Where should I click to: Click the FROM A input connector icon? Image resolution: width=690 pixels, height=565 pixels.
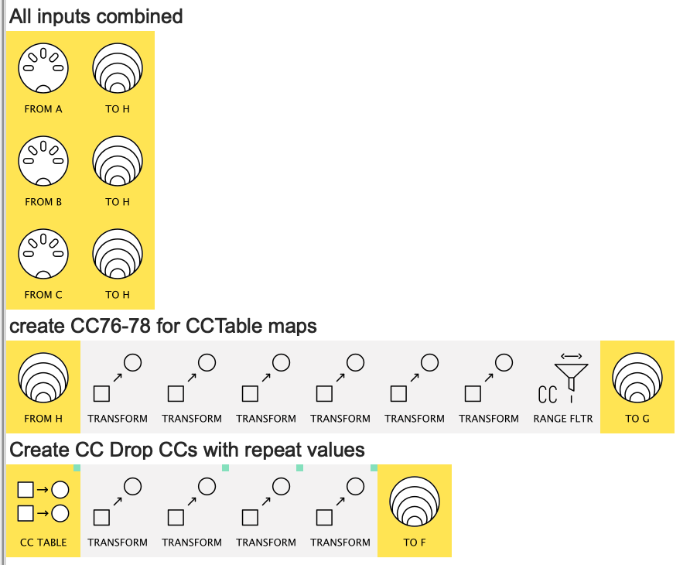point(43,69)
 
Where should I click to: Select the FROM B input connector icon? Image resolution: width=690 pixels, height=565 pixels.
point(43,162)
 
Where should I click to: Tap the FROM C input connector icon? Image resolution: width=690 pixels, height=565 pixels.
point(43,255)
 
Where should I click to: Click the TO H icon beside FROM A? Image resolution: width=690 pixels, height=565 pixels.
point(118,69)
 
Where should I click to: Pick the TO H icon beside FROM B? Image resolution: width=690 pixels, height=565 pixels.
point(118,162)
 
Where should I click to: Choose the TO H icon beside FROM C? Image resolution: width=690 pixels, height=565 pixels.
point(118,255)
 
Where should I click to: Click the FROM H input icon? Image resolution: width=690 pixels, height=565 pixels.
point(43,378)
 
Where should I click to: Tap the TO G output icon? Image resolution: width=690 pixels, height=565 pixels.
point(637,378)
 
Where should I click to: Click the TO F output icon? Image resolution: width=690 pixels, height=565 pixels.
point(415,502)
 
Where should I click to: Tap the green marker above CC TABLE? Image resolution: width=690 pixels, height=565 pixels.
point(77,468)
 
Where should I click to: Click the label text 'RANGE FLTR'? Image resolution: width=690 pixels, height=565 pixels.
point(563,419)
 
